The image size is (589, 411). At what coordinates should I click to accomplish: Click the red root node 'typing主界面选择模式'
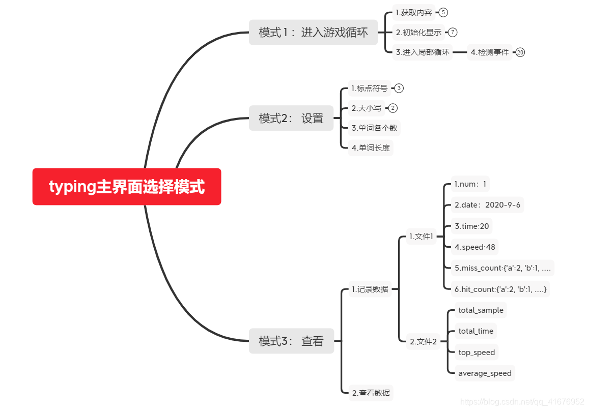coord(127,187)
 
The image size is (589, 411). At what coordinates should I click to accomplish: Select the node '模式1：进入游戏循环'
coord(313,33)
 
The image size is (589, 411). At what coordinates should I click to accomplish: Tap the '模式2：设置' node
coord(291,118)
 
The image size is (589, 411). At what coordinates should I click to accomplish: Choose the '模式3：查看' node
coord(291,341)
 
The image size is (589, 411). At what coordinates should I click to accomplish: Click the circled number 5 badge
coord(443,13)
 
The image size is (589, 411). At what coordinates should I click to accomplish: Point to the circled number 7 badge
coord(453,33)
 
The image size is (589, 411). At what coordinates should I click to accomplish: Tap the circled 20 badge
coord(520,52)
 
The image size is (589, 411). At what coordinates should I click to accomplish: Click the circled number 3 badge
coord(399,89)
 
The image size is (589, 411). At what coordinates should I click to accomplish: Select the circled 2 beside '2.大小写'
coord(392,108)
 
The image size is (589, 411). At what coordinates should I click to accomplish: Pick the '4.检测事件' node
coord(489,52)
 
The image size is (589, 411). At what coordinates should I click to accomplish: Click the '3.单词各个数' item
coord(374,128)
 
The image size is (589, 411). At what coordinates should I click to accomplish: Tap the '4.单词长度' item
coord(371,148)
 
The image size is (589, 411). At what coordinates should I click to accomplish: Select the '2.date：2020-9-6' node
coord(487,205)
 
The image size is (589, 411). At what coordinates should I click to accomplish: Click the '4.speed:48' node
coord(475,247)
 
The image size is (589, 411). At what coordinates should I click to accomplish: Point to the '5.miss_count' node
coord(502,268)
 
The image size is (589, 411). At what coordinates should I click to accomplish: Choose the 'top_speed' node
coord(476,352)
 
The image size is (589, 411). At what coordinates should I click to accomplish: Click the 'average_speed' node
coord(485,373)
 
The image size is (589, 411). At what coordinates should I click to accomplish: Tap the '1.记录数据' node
coord(370,289)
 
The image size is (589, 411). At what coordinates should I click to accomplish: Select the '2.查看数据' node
coord(371,393)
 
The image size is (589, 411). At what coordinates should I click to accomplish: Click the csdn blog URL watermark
coord(522,402)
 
